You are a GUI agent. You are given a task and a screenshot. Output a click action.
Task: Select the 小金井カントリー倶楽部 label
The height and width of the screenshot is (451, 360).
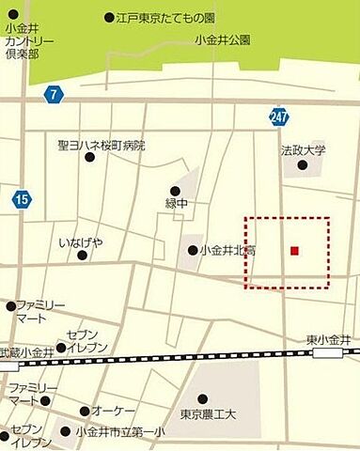point(28,43)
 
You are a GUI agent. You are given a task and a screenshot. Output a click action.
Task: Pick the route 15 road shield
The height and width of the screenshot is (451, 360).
point(22,198)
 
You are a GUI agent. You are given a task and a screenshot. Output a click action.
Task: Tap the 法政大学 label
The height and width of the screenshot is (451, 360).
point(303,149)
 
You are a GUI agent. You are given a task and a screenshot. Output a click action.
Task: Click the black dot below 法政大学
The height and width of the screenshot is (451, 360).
point(303,165)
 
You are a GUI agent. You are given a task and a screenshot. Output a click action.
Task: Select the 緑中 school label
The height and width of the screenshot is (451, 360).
point(178,204)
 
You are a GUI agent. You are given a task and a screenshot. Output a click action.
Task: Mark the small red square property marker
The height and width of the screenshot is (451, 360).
point(294,250)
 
